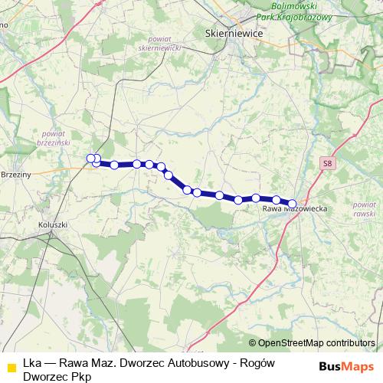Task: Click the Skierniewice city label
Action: point(235,34)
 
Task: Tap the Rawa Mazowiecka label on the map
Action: point(295,208)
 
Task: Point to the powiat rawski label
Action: point(358,209)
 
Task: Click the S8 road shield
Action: point(328,163)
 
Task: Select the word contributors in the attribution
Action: point(352,344)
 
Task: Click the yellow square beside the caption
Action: point(11,365)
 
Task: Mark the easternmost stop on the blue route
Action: point(292,204)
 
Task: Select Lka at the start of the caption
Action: point(32,363)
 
